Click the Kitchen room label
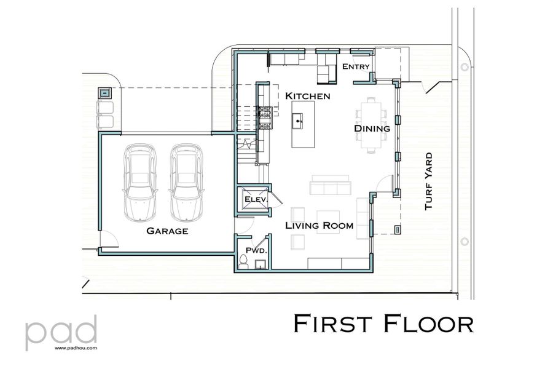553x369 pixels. (x=308, y=96)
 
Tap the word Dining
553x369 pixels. (x=372, y=129)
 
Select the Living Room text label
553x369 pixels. (x=319, y=226)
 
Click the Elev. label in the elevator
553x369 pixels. (x=254, y=200)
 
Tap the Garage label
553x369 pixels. (x=167, y=231)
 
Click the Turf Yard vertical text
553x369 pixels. (x=428, y=181)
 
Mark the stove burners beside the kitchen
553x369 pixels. (x=265, y=117)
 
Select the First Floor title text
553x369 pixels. (x=383, y=323)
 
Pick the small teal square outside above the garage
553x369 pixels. (x=105, y=93)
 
